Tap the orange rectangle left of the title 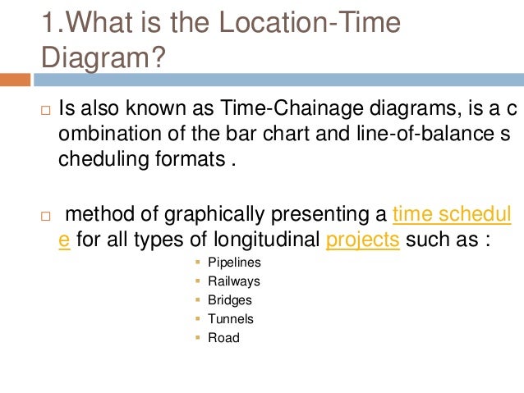point(15,80)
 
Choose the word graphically point(200,216)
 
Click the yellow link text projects point(362,241)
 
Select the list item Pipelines point(234,263)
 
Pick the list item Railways point(233,281)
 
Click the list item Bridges point(230,300)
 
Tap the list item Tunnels point(231,319)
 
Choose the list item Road point(223,337)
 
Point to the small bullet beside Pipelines point(198,263)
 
